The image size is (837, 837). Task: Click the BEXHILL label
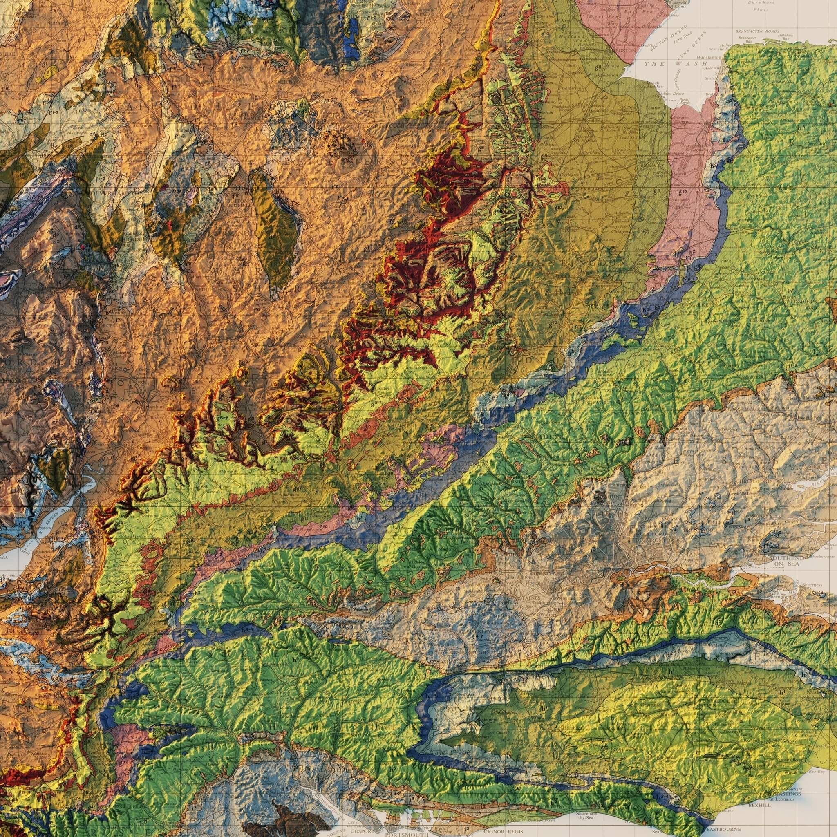759,781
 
